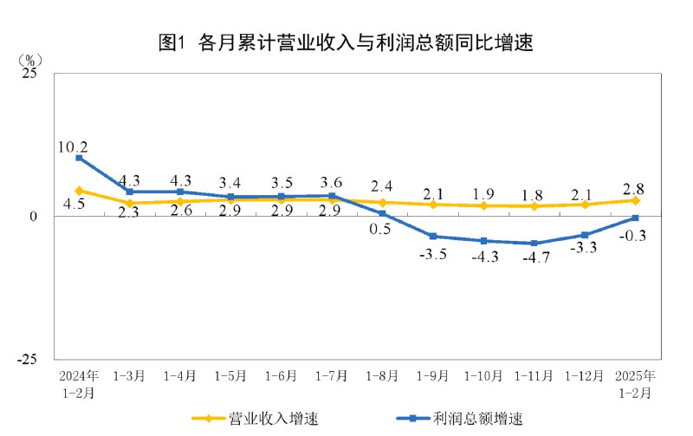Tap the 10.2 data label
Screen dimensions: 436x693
73,146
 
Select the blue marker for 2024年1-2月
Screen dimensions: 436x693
79,158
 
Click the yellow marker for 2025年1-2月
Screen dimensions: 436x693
635,200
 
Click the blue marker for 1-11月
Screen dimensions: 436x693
534,244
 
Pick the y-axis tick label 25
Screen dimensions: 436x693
29,75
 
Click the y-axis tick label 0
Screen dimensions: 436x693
35,217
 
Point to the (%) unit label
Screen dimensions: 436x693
29,60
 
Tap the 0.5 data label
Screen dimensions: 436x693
380,230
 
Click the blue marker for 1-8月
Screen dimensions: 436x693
382,213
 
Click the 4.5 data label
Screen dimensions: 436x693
73,205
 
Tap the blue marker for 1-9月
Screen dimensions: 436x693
432,237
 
